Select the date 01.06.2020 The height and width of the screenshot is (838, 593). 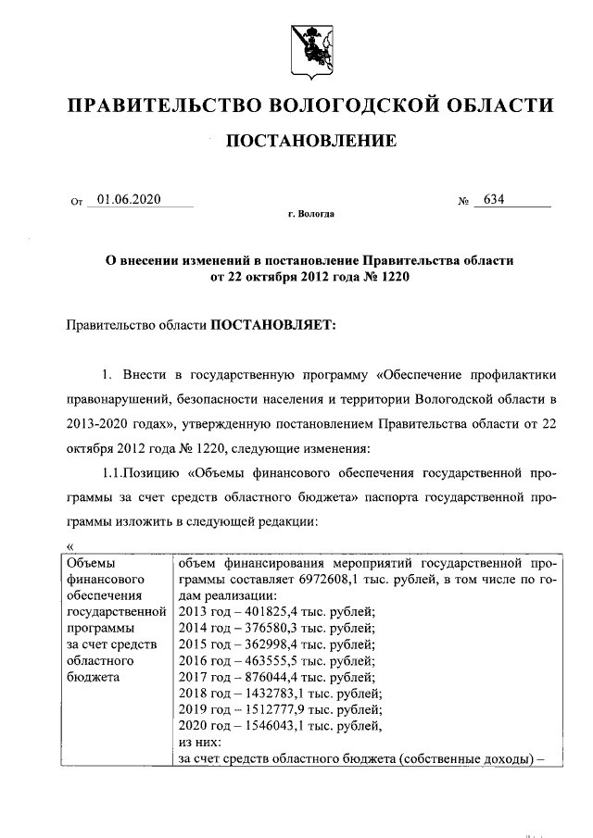click(x=128, y=198)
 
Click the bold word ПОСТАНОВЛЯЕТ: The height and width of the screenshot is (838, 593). click(x=274, y=325)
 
